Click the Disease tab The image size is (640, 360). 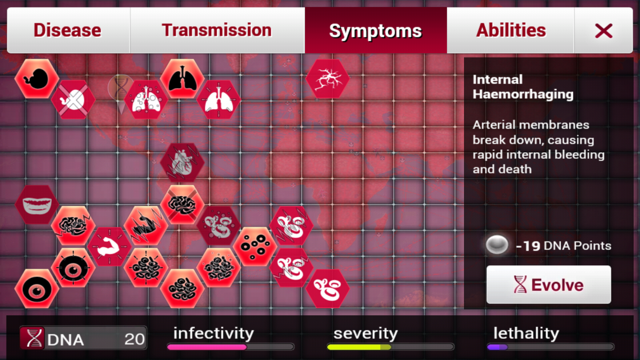pos(68,30)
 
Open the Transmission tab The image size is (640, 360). pos(217,30)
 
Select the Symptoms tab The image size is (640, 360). pos(375,30)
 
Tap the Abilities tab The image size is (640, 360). pos(510,30)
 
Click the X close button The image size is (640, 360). pos(603,30)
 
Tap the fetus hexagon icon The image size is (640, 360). pos(37,79)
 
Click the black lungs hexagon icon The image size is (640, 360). pos(182,79)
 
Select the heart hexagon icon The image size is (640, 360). pos(182,162)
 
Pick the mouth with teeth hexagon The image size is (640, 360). pos(37,204)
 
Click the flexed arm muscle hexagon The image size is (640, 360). pos(109,247)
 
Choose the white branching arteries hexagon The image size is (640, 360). pos(327,79)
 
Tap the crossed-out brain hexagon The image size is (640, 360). pos(182,204)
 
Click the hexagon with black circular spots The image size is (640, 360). pos(255,247)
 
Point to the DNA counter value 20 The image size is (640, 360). pos(134,339)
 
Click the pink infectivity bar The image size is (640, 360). pos(206,347)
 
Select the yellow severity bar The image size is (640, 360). pos(359,347)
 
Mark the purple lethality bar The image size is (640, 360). pos(497,347)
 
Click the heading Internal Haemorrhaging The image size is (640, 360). pos(523,87)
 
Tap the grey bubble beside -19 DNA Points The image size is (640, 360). pos(497,245)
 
